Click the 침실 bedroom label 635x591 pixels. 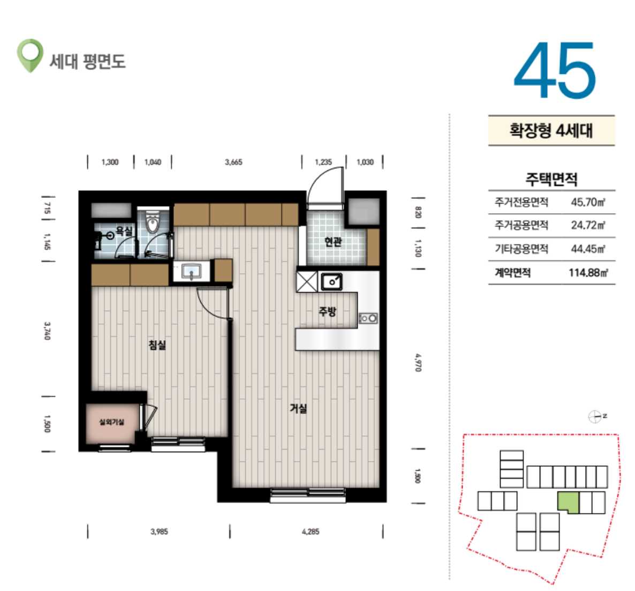click(x=157, y=345)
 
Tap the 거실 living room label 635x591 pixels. click(x=298, y=408)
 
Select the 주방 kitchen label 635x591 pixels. click(x=327, y=311)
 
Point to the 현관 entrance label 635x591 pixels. click(x=333, y=242)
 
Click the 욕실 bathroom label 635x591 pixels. click(x=124, y=231)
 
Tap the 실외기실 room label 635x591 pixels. click(x=112, y=422)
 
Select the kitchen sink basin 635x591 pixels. click(x=331, y=282)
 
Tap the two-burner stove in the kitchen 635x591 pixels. click(x=368, y=319)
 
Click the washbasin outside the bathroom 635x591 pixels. click(x=192, y=272)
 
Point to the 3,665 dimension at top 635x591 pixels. click(x=233, y=162)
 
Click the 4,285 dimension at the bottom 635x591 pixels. click(x=311, y=532)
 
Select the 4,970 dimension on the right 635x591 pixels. click(x=418, y=362)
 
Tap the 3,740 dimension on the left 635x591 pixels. click(x=47, y=331)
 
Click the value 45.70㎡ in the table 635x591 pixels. click(x=588, y=202)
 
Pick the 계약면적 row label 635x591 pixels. click(x=512, y=272)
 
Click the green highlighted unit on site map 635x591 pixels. click(x=568, y=502)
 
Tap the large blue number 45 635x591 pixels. click(x=555, y=70)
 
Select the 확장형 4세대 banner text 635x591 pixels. click(x=551, y=131)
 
